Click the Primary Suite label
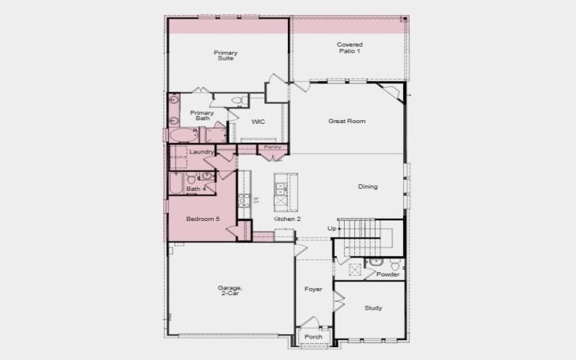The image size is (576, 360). (x=225, y=55)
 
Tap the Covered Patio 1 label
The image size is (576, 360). (x=349, y=48)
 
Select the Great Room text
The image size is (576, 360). (x=346, y=122)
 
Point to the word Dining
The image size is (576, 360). (x=367, y=187)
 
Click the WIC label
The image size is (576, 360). (x=258, y=122)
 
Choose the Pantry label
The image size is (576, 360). (x=272, y=147)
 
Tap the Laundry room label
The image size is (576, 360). (x=201, y=152)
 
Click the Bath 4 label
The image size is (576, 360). (x=196, y=189)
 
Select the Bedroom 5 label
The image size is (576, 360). (x=202, y=219)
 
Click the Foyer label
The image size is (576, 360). (x=313, y=289)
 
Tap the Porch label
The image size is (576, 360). (x=313, y=337)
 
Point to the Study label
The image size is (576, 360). (x=373, y=308)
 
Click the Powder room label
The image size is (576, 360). (x=388, y=274)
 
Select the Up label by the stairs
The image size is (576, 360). (x=332, y=229)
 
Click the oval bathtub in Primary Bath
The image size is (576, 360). (x=181, y=135)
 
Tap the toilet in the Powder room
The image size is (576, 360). (x=395, y=264)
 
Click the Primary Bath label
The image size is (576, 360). (x=201, y=116)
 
